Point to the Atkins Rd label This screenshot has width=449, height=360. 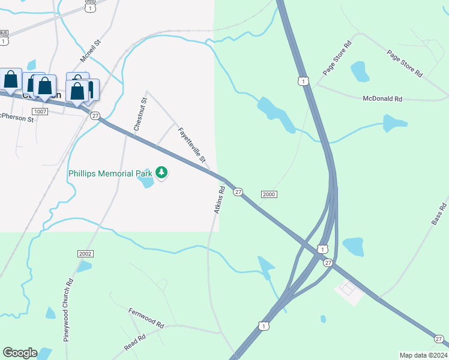coord(219,200)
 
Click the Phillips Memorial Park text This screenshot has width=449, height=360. coord(110,173)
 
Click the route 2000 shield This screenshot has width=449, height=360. coord(269,194)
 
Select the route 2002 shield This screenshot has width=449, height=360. coord(85,254)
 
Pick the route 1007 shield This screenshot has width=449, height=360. coord(40,112)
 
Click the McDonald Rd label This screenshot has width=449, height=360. coord(382,98)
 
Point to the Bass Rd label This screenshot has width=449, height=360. coord(439,214)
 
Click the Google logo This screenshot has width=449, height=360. coord(20,353)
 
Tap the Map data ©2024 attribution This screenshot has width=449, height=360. coord(423,355)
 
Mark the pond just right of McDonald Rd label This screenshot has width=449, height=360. coord(394,123)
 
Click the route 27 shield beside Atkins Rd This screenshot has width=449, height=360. coord(238,191)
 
